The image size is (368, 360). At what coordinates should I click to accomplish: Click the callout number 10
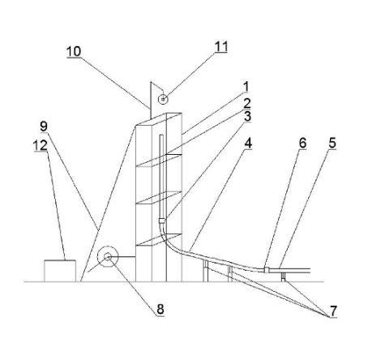point(74,51)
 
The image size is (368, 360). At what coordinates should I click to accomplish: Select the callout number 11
point(221,46)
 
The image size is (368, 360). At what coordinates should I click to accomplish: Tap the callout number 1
point(246,87)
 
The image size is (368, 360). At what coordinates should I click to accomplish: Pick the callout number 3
point(247,116)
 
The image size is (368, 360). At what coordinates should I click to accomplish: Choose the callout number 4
point(248,144)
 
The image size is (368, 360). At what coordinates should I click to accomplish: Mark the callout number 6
point(302,143)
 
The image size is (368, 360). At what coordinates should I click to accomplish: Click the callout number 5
point(332,143)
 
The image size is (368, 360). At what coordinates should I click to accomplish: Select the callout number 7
point(333,311)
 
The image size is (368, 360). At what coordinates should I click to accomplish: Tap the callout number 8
point(160,309)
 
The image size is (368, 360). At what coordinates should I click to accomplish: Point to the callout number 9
point(44,126)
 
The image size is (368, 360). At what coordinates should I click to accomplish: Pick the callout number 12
point(41,146)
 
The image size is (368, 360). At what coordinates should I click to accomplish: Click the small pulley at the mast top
point(163,100)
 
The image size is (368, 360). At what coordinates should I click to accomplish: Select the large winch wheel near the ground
point(108,257)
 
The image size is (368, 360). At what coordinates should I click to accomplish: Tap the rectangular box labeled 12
point(60,271)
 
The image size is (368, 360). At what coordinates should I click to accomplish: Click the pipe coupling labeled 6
point(266,270)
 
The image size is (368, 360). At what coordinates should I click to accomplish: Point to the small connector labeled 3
point(162,221)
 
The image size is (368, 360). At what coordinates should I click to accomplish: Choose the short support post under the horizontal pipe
point(283,277)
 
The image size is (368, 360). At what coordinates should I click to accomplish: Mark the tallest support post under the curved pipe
point(206,271)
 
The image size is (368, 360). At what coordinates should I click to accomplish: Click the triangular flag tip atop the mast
point(151,82)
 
